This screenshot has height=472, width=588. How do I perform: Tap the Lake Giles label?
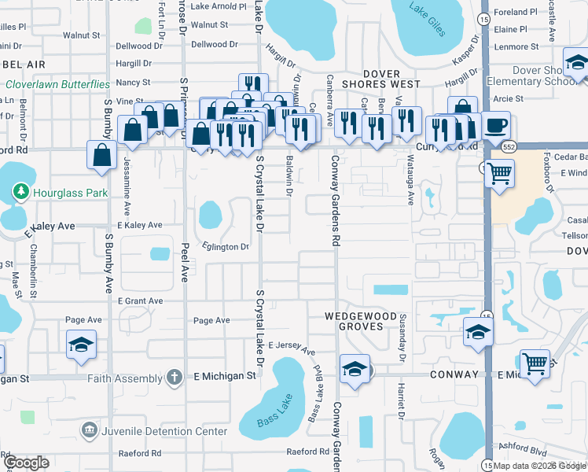(x=424, y=12)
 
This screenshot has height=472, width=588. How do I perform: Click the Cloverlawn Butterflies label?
(x=57, y=84)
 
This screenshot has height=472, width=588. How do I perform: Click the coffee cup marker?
(x=494, y=126)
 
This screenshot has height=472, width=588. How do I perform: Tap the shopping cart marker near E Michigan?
(x=535, y=364)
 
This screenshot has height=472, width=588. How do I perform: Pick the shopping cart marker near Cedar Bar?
(x=499, y=173)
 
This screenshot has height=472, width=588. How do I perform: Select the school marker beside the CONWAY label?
(x=355, y=369)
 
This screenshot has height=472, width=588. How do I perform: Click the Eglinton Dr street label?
(x=226, y=247)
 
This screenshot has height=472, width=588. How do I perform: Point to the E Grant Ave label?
(x=141, y=301)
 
